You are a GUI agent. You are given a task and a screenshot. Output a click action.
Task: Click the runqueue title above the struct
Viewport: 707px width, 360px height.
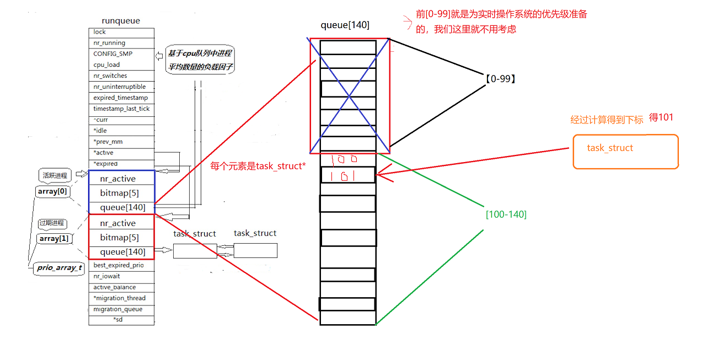click(x=121, y=21)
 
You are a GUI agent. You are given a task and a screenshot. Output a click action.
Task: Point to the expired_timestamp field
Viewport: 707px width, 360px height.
click(x=120, y=98)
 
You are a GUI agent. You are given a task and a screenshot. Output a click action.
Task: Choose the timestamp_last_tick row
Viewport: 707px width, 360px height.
click(x=121, y=109)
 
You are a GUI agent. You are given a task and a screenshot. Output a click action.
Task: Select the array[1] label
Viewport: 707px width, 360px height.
click(x=53, y=239)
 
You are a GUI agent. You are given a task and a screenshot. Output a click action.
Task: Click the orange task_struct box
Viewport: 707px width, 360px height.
click(x=625, y=151)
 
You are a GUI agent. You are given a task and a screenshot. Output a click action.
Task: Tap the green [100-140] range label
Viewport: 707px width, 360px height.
click(x=506, y=214)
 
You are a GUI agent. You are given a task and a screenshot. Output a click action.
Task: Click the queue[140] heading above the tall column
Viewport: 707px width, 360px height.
click(x=345, y=25)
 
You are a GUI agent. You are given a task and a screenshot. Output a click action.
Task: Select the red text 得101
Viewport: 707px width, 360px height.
click(x=661, y=117)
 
